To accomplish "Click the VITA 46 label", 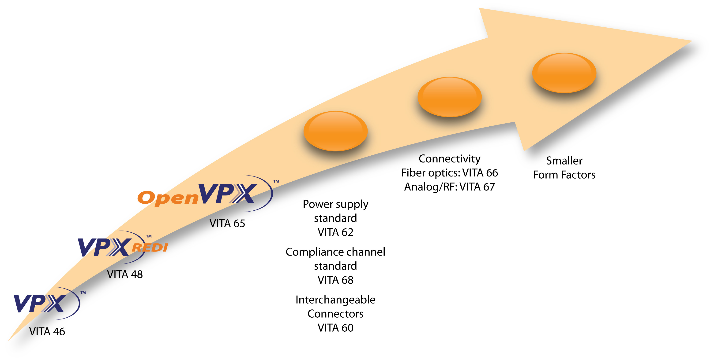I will tap(47, 331).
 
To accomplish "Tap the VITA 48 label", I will tap(125, 274).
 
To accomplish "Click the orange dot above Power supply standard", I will tap(335, 131).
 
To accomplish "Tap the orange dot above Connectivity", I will tap(449, 97).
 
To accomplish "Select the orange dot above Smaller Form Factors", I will tap(564, 73).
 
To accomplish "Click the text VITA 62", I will tap(335, 232).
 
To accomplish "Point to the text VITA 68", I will tap(335, 280).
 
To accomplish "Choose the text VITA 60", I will tap(335, 328).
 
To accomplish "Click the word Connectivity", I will tap(449, 159).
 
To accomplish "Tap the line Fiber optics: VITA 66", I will tap(449, 173).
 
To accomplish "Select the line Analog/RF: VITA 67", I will tap(449, 187).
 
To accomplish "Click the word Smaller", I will tap(564, 161).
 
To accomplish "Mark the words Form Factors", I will tap(564, 175).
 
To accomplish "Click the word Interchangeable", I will tap(335, 300).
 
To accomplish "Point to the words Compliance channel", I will tap(335, 252).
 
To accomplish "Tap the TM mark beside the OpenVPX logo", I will tap(276, 182).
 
